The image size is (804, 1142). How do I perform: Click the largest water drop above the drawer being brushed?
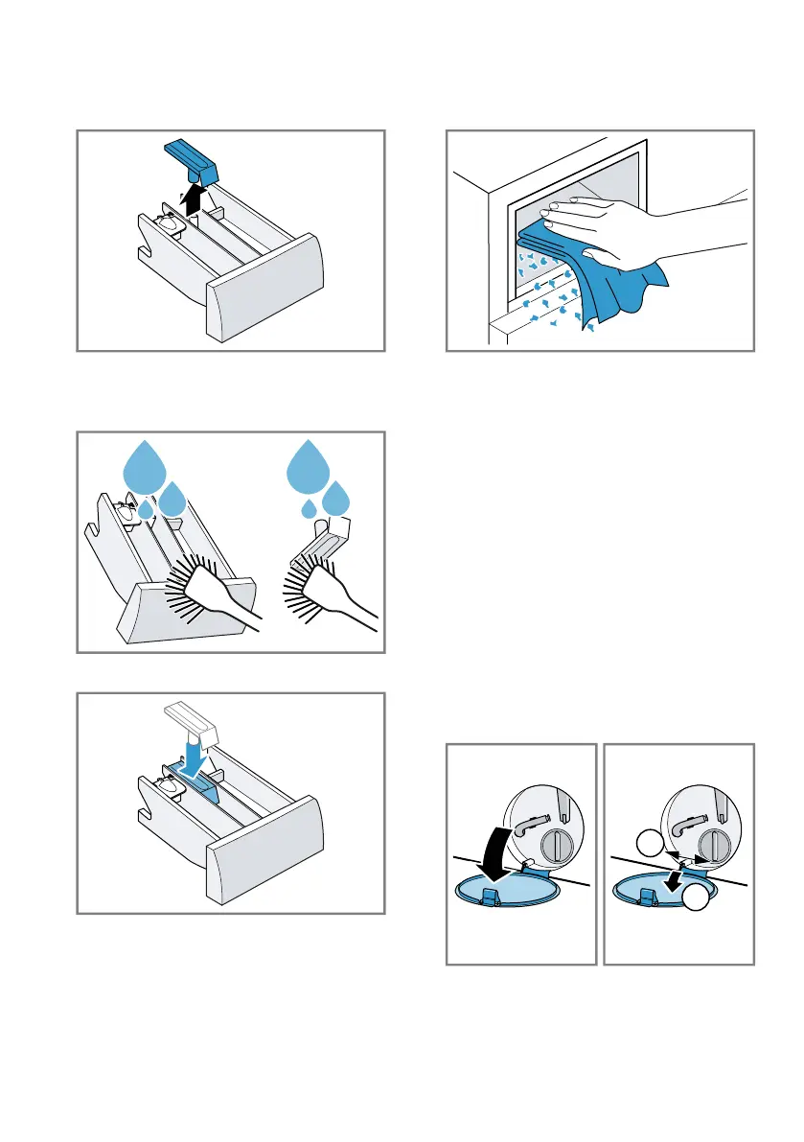pyautogui.click(x=146, y=466)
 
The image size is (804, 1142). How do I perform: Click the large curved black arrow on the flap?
pyautogui.click(x=497, y=845)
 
